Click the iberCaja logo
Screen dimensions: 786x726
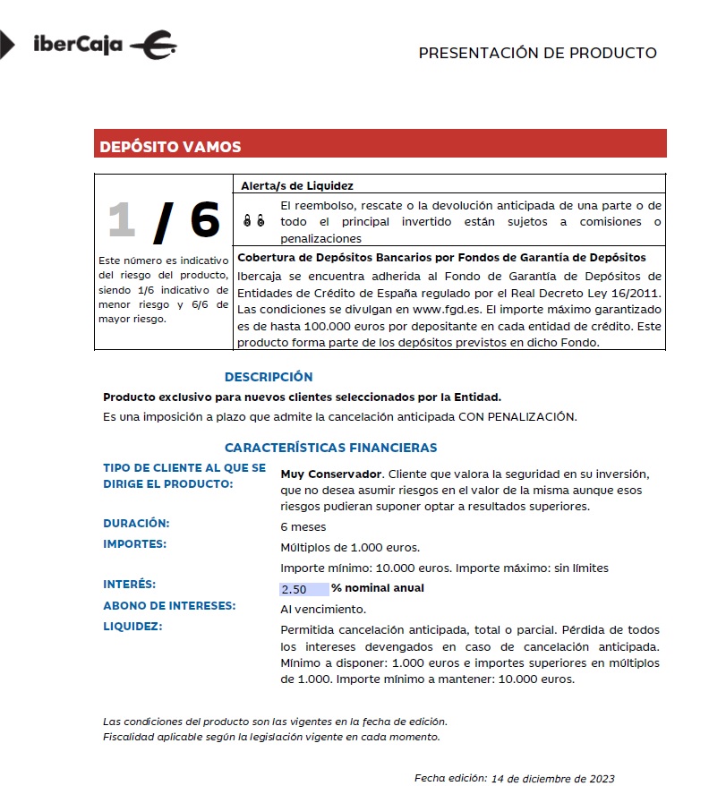(103, 45)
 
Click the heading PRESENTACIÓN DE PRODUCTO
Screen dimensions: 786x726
(537, 53)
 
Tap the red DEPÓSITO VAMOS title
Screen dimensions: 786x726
(170, 147)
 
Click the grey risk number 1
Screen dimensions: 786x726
(122, 219)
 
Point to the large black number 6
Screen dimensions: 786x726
(205, 219)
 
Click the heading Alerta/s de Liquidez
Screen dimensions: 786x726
(297, 185)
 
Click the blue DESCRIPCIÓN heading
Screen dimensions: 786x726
(269, 377)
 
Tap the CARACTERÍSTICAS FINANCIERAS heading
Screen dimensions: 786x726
(330, 448)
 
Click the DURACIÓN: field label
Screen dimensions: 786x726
(136, 523)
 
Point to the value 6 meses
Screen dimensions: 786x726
(303, 527)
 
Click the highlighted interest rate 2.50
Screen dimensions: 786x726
(295, 589)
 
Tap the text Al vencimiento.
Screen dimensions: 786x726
(322, 609)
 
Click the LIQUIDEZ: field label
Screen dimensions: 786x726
(132, 626)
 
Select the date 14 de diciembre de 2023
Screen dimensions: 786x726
(553, 778)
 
